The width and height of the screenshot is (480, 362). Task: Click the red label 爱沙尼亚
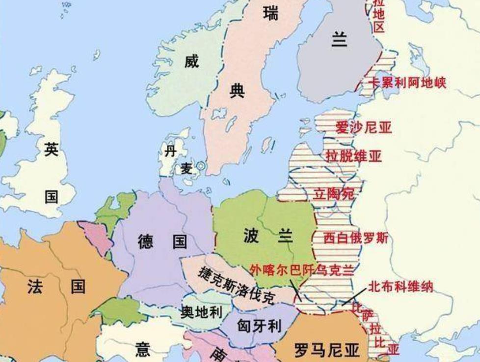click(364, 127)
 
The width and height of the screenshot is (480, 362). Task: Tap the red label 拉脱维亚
click(353, 156)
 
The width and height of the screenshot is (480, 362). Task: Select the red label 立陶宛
click(334, 194)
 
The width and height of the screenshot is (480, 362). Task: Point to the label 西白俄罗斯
click(356, 238)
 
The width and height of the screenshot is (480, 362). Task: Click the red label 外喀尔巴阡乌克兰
click(301, 269)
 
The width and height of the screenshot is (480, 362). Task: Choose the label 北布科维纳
click(400, 286)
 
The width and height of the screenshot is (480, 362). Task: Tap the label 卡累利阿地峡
click(407, 83)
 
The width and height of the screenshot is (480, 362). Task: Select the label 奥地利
click(201, 312)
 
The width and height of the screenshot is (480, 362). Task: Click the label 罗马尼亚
click(327, 351)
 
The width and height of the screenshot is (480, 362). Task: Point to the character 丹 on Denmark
click(170, 151)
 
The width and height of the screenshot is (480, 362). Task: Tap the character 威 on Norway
click(191, 61)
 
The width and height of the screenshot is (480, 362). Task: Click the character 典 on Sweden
click(237, 90)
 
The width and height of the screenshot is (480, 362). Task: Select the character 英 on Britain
click(51, 149)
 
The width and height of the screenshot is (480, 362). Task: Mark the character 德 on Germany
click(145, 241)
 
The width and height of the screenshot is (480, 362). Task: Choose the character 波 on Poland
click(250, 236)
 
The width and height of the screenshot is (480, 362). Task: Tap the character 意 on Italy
click(142, 350)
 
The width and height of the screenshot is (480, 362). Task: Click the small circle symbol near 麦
click(200, 167)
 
